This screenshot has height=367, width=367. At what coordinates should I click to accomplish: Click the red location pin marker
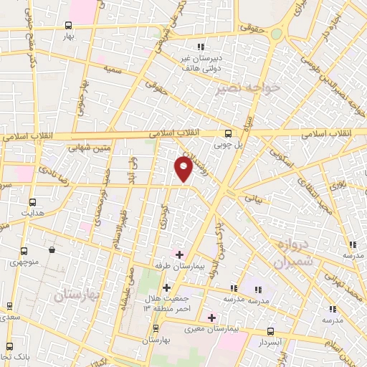[x=183, y=169]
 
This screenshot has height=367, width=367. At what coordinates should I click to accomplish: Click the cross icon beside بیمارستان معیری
[x=211, y=317]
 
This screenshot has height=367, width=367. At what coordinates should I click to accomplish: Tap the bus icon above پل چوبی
[x=229, y=133]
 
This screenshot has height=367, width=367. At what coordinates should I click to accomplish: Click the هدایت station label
[x=32, y=214]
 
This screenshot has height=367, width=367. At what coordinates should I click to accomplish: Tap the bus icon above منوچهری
[x=24, y=252]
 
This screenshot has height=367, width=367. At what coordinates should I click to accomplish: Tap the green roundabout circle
[x=276, y=34]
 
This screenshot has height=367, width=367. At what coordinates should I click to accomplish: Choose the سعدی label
[x=9, y=316]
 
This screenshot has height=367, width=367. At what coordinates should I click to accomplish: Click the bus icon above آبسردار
[x=270, y=331]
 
